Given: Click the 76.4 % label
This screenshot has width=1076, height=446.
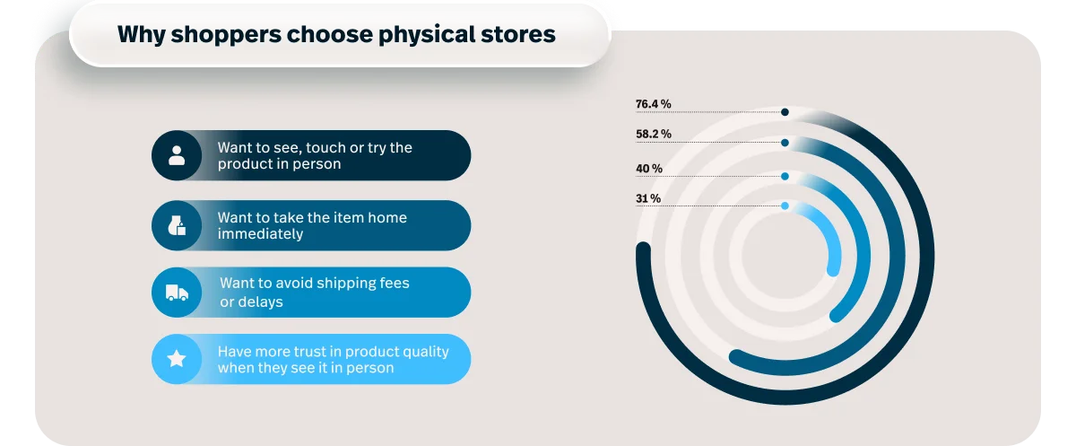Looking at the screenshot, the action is (653, 104).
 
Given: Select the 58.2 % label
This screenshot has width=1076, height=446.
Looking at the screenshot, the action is (654, 134).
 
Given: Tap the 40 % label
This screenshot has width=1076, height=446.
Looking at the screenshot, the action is (649, 168).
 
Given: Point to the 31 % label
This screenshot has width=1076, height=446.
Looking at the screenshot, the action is (648, 198).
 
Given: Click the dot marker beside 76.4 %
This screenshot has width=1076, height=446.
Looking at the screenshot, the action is (785, 112).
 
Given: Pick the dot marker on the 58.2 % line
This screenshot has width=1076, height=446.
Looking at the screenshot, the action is (785, 143).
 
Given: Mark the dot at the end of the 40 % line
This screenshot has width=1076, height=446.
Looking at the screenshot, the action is (785, 177).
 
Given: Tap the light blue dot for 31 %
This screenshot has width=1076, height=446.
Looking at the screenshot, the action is (785, 206).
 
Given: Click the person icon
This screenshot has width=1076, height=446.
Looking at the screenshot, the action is (177, 155).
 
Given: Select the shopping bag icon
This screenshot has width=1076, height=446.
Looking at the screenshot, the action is (177, 225).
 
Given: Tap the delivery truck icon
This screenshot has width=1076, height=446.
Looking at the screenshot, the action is (177, 293).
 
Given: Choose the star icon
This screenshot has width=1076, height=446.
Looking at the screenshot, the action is (177, 359).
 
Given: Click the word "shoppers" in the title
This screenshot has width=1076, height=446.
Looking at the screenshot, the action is (226, 35).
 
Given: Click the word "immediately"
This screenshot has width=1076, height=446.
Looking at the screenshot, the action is (260, 234).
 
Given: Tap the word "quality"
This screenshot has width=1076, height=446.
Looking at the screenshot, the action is (426, 353).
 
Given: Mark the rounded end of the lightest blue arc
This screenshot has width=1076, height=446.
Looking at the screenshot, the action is (833, 270).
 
